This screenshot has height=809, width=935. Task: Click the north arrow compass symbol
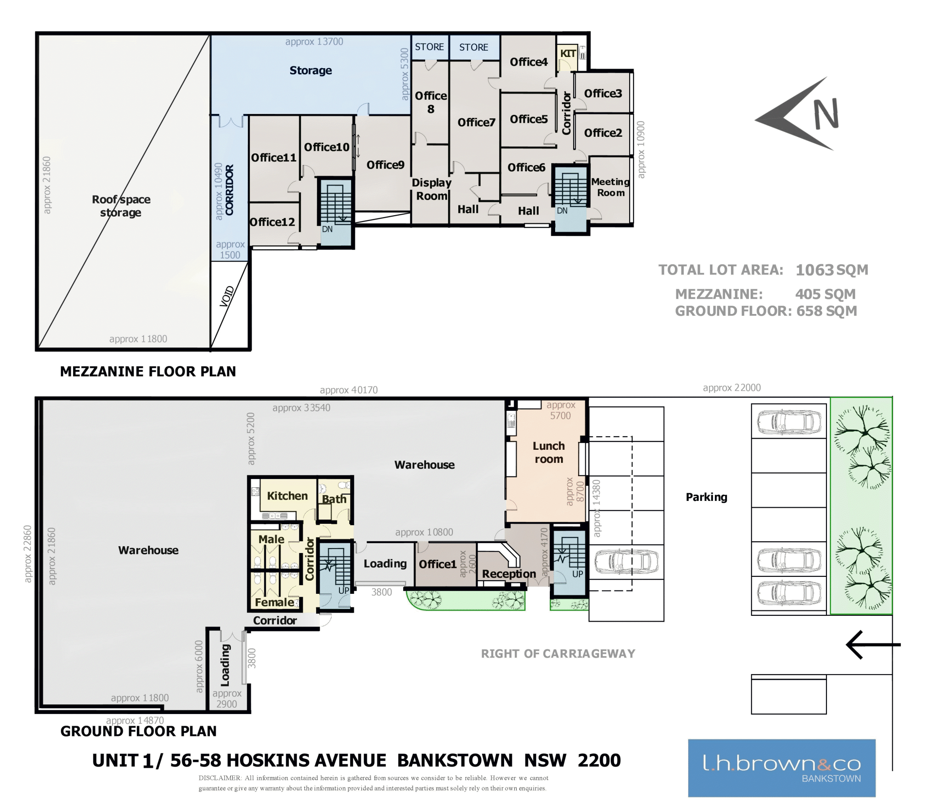coord(799,114)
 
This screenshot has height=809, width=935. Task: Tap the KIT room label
coord(568,54)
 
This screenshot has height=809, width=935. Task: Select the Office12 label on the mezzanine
coord(272,222)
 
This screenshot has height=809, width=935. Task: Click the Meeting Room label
coord(610,187)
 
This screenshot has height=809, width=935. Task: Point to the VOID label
coord(227,296)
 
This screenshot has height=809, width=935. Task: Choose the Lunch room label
coord(549,452)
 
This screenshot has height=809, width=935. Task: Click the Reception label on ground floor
coord(509,574)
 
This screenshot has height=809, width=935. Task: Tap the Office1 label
coord(438,564)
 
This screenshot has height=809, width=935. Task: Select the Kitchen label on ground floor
coord(287,496)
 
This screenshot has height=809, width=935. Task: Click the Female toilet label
coord(274,602)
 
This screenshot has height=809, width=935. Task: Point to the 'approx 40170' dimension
coord(349,390)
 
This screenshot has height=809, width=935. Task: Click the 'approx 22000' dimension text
coord(731,387)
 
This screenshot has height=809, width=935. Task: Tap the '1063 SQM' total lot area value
coord(832,270)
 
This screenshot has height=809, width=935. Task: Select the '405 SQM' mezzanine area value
coord(825,294)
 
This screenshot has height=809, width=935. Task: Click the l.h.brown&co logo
coord(782,768)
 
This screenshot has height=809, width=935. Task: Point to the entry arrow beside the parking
coord(873,644)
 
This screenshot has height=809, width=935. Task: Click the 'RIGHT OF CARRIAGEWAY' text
coord(558,654)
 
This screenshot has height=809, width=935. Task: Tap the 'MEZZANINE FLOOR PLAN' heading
coord(148,371)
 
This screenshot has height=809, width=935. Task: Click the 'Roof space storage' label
coord(121,206)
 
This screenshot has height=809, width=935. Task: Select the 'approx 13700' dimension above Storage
coord(314,42)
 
